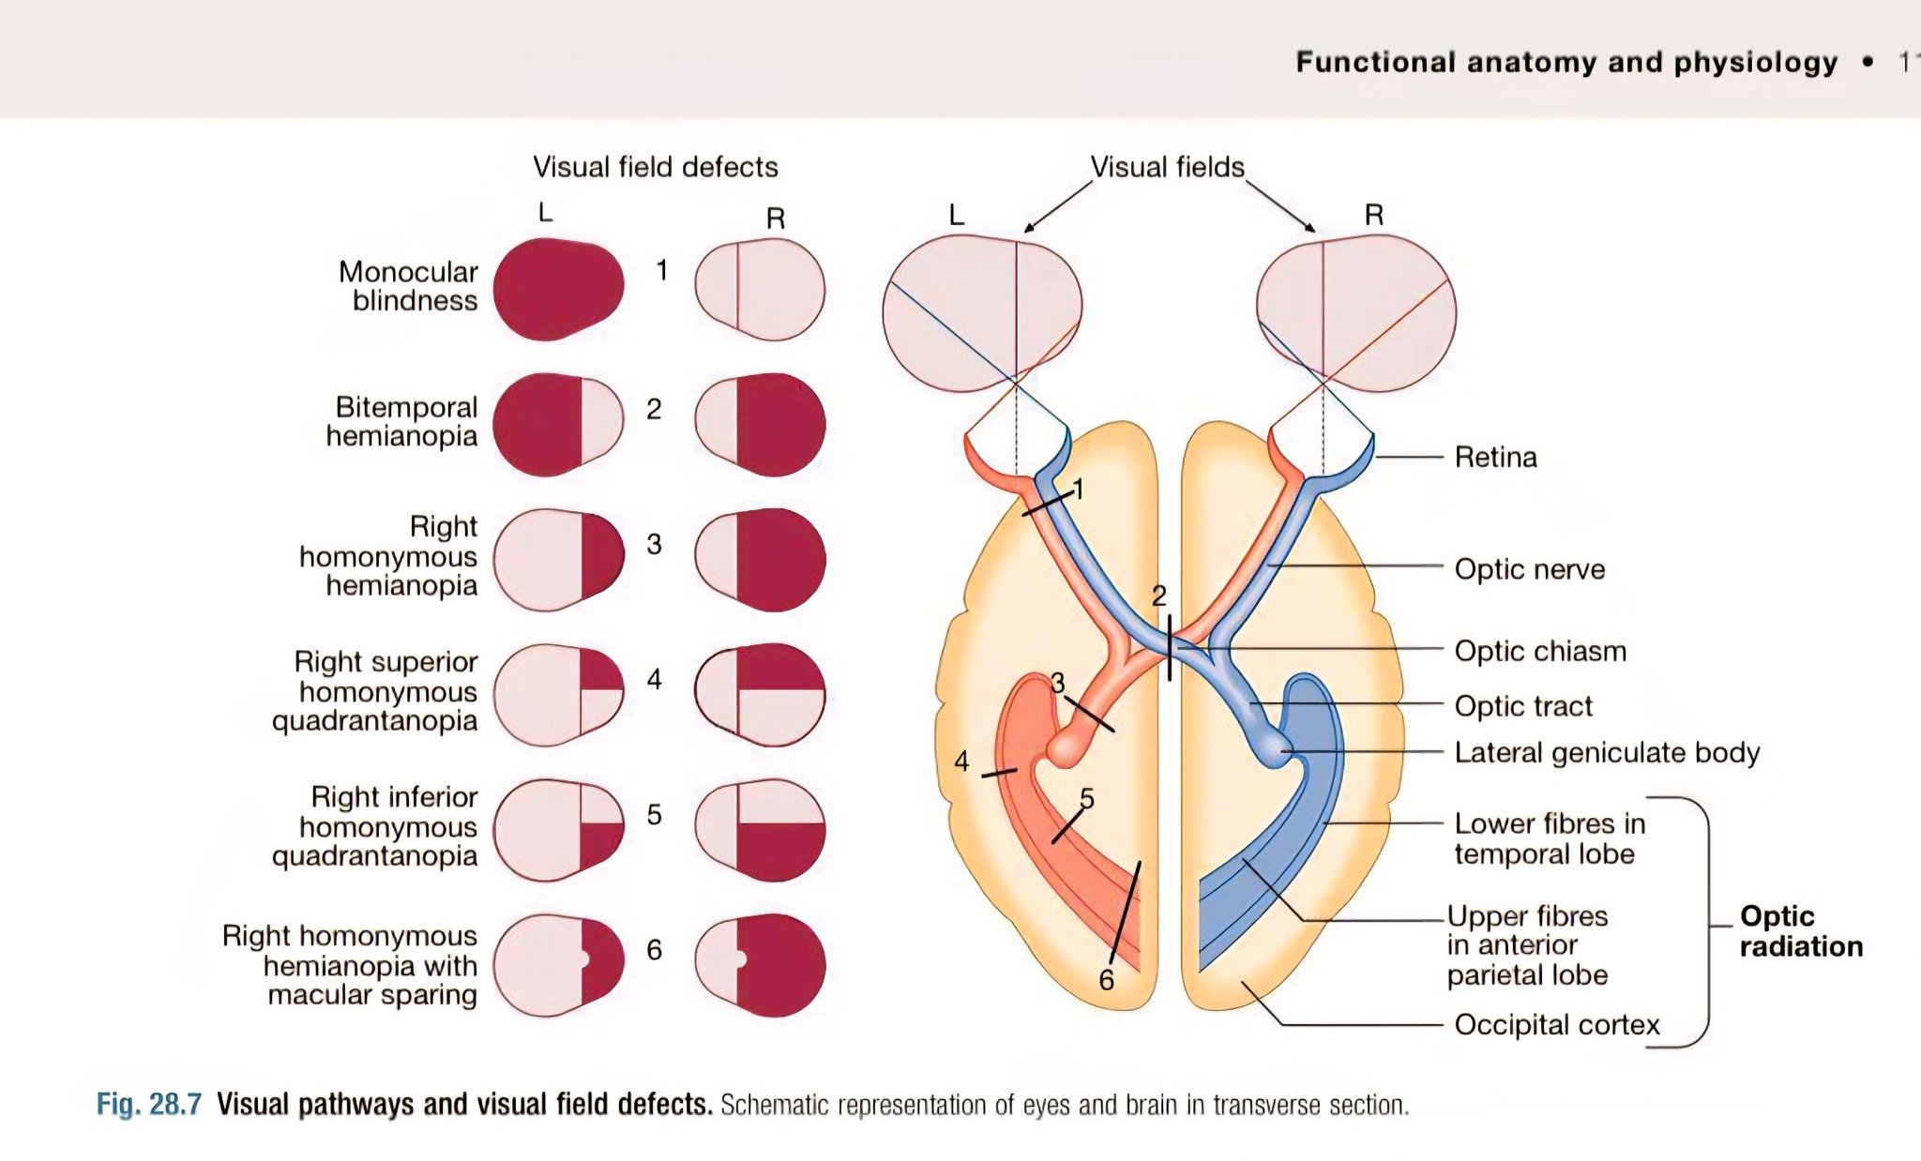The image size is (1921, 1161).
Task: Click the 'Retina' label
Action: pyautogui.click(x=1495, y=458)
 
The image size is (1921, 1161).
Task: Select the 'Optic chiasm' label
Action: pyautogui.click(x=1540, y=651)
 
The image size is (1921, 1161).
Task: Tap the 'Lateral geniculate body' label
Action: pyautogui.click(x=1607, y=753)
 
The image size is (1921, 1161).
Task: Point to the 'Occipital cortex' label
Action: pyautogui.click(x=1557, y=1025)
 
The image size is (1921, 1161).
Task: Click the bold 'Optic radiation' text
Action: pyautogui.click(x=1801, y=931)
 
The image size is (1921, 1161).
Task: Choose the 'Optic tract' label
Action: pyautogui.click(x=1523, y=706)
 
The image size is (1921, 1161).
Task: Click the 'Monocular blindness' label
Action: pyautogui.click(x=408, y=286)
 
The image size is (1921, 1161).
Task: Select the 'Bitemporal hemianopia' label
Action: pyautogui.click(x=401, y=421)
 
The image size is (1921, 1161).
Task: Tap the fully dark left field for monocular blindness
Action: pyautogui.click(x=558, y=289)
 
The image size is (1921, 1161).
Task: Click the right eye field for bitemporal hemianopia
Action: pyautogui.click(x=761, y=425)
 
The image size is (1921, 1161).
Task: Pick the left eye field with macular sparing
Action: pyautogui.click(x=558, y=965)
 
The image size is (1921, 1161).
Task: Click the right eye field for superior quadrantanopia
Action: pyautogui.click(x=761, y=695)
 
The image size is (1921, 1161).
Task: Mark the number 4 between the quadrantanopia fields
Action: pyautogui.click(x=654, y=679)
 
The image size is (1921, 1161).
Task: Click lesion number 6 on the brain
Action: pyautogui.click(x=1107, y=981)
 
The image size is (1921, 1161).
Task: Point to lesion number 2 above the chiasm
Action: pyautogui.click(x=1159, y=596)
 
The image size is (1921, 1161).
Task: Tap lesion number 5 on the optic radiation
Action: pyautogui.click(x=1087, y=798)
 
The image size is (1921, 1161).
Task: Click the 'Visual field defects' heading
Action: pyautogui.click(x=656, y=167)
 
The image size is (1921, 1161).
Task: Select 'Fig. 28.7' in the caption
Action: pyautogui.click(x=149, y=1104)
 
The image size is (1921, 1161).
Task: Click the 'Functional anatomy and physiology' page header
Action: pyautogui.click(x=1566, y=62)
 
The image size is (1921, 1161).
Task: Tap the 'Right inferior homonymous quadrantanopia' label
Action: pyautogui.click(x=374, y=826)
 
